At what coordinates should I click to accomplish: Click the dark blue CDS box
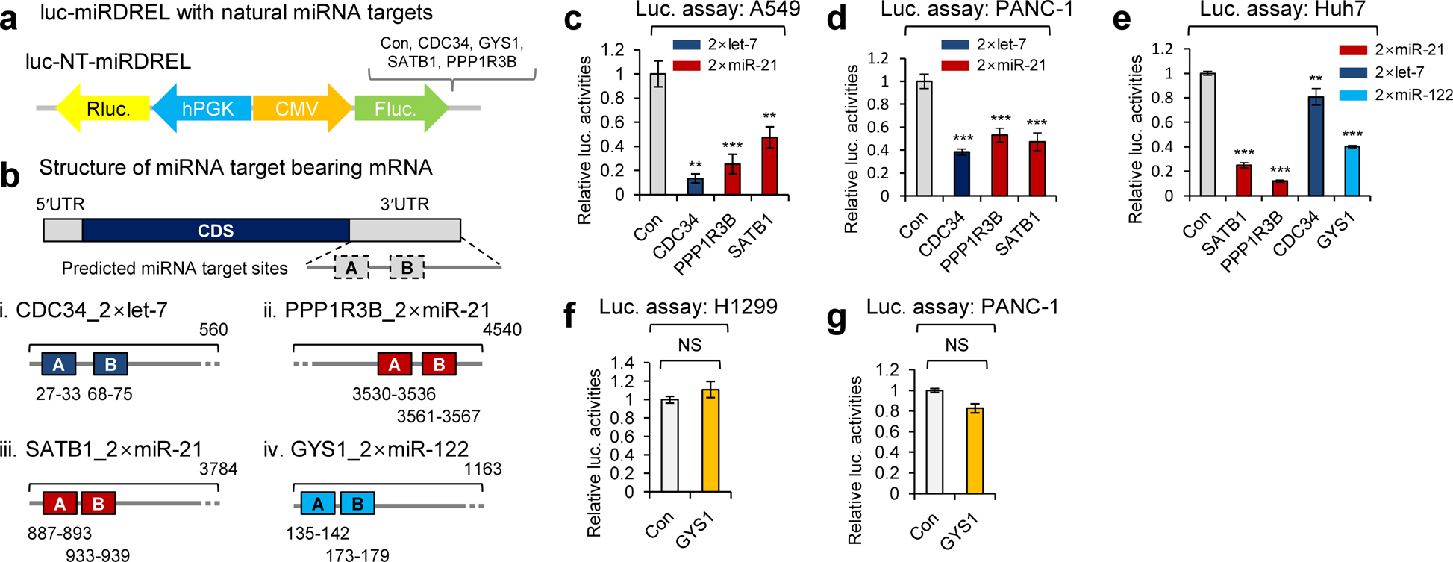(216, 231)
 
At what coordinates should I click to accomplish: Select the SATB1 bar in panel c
(769, 166)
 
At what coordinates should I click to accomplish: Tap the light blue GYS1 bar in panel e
(1351, 171)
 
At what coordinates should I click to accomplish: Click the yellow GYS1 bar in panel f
(710, 441)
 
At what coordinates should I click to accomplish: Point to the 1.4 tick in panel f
(622, 363)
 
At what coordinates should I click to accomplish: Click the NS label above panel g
(956, 344)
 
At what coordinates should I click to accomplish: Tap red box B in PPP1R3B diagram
(439, 364)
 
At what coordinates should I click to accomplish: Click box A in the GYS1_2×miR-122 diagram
(319, 504)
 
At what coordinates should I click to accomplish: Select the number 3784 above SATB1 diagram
(218, 469)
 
